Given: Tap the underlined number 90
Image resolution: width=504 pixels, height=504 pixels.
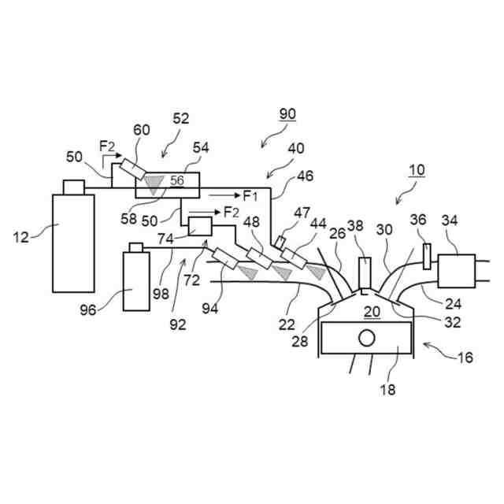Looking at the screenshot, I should coord(287,114).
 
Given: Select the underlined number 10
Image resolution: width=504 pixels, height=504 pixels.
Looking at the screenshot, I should coord(416,169).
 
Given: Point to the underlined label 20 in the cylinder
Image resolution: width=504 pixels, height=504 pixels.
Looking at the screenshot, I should coord(372,312).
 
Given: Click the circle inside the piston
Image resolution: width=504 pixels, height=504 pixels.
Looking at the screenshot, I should coord(366,339).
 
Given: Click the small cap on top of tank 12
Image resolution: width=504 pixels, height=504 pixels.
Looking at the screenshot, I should coord(72,187).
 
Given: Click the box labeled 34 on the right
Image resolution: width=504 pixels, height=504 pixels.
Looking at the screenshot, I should coord(458,270).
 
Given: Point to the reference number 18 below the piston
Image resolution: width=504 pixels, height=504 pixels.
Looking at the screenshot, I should coord(387,389).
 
